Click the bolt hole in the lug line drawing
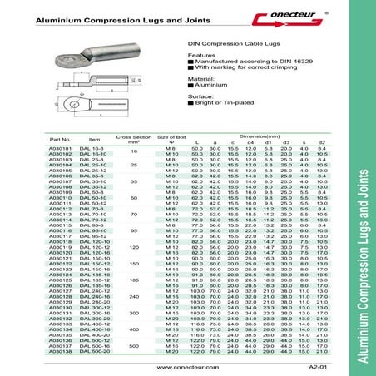(63, 106)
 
